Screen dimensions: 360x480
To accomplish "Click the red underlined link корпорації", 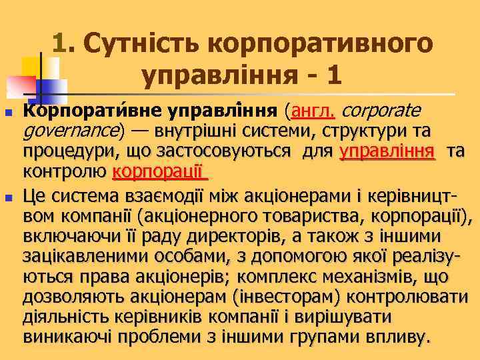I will pyautogui.click(x=159, y=173).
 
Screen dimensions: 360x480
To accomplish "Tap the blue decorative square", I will pyautogui.click(x=47, y=91).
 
